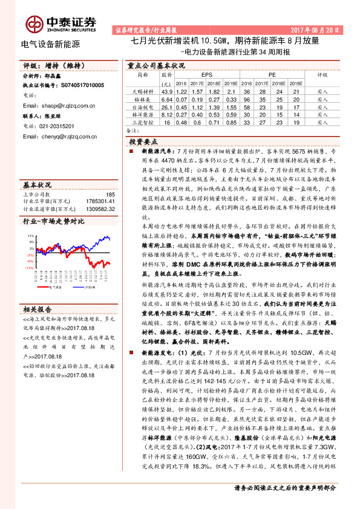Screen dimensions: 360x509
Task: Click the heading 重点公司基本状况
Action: pos(155,65)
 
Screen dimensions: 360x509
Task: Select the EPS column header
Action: pos(198,74)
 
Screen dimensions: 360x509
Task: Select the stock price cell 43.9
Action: pos(167,91)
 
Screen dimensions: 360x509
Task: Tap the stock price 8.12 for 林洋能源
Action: pos(167,114)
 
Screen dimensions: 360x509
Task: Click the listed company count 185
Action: pos(110,194)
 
